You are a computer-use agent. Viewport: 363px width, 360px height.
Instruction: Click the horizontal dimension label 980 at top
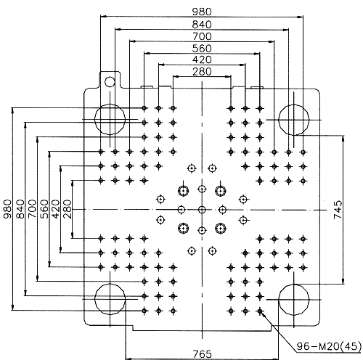pyautogui.click(x=202, y=12)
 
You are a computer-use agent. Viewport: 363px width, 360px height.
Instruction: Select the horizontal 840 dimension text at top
pyautogui.click(x=202, y=25)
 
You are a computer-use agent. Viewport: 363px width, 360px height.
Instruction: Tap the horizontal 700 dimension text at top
pyautogui.click(x=202, y=36)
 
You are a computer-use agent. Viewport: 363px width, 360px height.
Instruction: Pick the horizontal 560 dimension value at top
pyautogui.click(x=202, y=48)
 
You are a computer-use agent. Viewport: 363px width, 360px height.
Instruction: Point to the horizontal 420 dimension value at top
pyautogui.click(x=202, y=60)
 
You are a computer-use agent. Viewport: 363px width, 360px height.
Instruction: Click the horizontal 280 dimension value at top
pyautogui.click(x=202, y=72)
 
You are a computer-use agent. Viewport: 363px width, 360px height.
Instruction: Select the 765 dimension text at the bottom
pyautogui.click(x=202, y=354)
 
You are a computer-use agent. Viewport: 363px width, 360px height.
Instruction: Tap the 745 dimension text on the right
pyautogui.click(x=338, y=210)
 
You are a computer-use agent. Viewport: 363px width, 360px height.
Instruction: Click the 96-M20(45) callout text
pyautogui.click(x=329, y=346)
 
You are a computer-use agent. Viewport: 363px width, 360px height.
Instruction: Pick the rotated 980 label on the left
pyautogui.click(x=7, y=209)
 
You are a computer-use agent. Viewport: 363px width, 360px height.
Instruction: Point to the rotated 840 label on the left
pyautogui.click(x=20, y=209)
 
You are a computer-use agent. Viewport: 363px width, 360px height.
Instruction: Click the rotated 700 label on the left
pyautogui.click(x=32, y=209)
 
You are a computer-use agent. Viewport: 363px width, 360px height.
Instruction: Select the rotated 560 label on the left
pyautogui.click(x=44, y=209)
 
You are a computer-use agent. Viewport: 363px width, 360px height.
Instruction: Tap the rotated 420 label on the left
pyautogui.click(x=55, y=209)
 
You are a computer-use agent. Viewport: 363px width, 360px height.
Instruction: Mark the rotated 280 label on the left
pyautogui.click(x=68, y=209)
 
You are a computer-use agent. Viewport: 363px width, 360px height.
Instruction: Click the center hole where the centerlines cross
pyautogui.click(x=202, y=210)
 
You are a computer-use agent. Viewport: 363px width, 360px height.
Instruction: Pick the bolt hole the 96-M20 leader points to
pyautogui.click(x=260, y=311)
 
